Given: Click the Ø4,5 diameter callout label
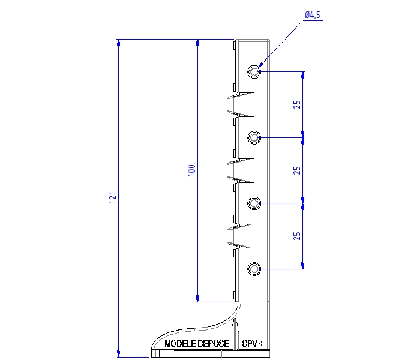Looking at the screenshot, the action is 313,15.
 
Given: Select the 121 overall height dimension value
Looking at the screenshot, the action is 113,197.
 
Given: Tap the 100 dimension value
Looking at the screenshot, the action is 191,170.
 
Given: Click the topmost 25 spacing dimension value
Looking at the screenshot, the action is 297,104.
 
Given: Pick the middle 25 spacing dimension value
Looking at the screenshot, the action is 297,170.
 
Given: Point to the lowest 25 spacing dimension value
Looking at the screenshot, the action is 297,236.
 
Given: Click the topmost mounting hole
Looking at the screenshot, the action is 254,71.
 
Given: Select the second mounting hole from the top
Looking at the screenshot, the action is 254,137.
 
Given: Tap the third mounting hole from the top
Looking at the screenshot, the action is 254,203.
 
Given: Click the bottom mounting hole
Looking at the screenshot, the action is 254,269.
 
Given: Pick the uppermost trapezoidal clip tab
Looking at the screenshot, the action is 240,105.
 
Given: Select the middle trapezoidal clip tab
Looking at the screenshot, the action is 240,170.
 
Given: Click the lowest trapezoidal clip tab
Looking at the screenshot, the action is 240,236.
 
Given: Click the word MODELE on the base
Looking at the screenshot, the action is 180,344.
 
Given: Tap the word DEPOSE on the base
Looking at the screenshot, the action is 213,344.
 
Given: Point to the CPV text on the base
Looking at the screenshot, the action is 250,343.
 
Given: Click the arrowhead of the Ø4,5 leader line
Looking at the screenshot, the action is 261,64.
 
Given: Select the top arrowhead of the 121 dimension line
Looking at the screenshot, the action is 118,43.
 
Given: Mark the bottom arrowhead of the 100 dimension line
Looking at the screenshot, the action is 197,298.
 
